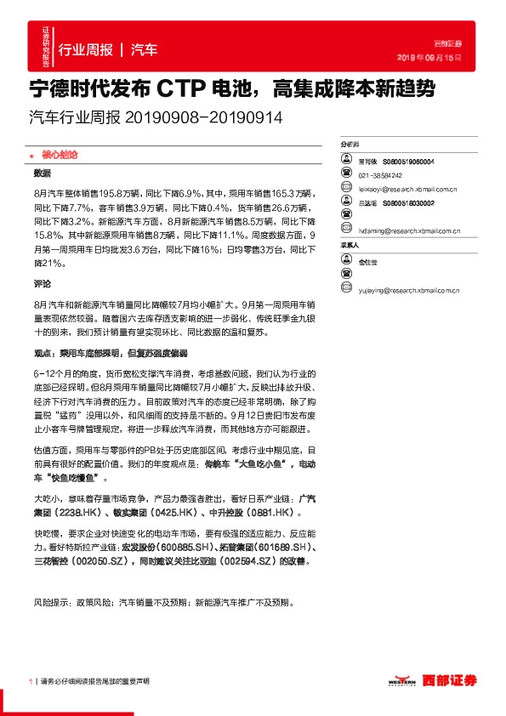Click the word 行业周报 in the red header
(x=85, y=51)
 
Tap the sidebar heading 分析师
(x=349, y=146)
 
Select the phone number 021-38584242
(x=379, y=173)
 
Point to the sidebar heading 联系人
(x=349, y=245)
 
